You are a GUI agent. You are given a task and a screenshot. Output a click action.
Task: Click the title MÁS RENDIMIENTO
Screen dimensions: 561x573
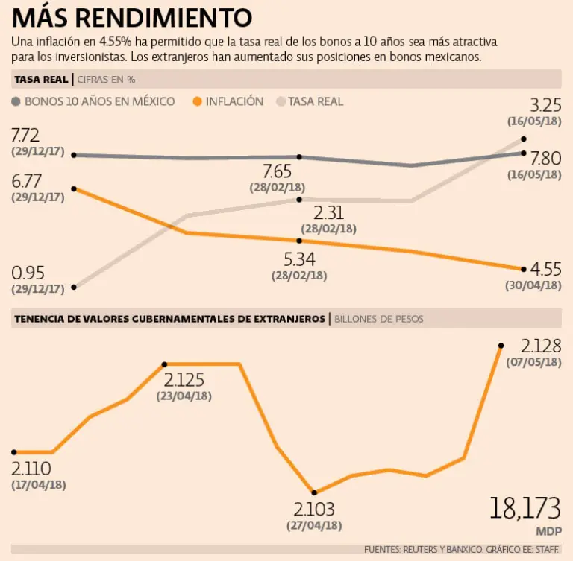(x=132, y=16)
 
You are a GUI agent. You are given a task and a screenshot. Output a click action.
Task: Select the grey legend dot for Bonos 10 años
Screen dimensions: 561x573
(x=17, y=101)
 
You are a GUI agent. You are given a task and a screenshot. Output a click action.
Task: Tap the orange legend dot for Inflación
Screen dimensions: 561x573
(x=198, y=101)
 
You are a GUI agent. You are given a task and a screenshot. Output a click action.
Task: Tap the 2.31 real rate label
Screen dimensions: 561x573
(x=329, y=213)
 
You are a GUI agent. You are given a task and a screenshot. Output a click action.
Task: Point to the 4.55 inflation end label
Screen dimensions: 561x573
(x=545, y=269)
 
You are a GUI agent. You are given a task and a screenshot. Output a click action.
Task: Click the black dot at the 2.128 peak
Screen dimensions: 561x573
(x=501, y=346)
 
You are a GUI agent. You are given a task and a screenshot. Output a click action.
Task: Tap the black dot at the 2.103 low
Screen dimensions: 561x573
(x=314, y=492)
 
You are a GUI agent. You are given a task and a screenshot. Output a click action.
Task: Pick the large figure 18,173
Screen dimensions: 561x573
(x=525, y=509)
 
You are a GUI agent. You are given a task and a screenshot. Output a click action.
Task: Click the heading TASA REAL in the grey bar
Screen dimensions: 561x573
(x=40, y=79)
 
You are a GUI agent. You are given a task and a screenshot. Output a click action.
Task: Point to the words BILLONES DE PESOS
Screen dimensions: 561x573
(x=379, y=319)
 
